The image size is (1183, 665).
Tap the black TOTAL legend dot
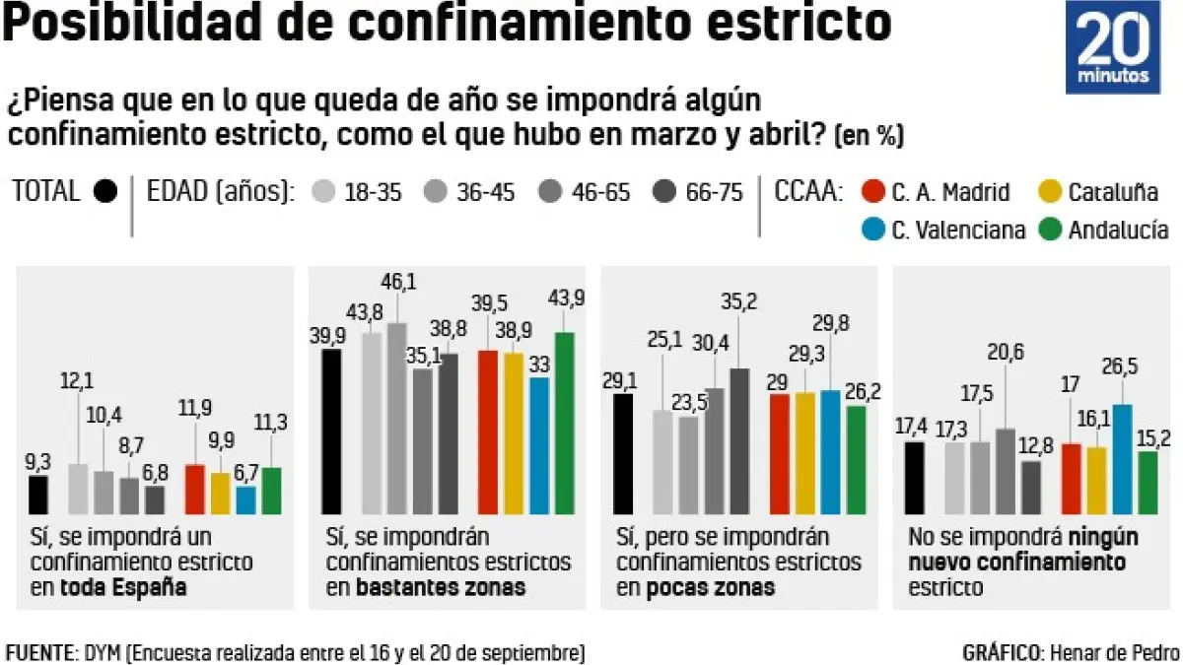click(105, 191)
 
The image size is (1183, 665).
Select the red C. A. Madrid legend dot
click(870, 191)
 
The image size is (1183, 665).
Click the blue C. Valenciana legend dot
click(870, 230)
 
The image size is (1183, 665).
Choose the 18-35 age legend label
click(373, 192)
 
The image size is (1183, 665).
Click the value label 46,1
click(397, 283)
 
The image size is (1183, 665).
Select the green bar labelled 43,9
click(564, 424)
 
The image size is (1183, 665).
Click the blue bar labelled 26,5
click(1122, 459)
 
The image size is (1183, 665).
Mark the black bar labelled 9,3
click(38, 495)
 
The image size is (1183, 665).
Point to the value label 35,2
click(739, 302)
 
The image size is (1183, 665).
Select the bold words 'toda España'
click(123, 588)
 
